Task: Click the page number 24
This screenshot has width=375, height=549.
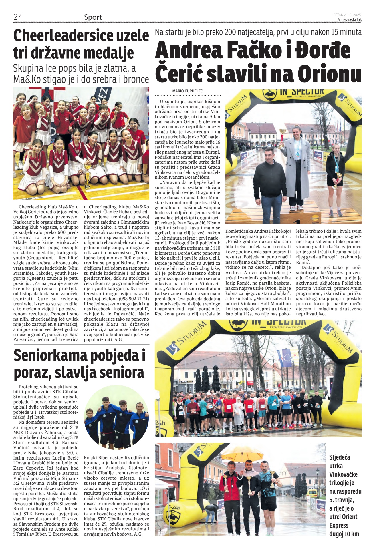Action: (x=18, y=17)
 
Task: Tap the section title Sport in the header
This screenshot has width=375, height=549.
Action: (x=93, y=17)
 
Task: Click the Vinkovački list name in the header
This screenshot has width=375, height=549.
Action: (x=350, y=19)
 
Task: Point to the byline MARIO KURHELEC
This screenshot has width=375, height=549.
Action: (x=187, y=91)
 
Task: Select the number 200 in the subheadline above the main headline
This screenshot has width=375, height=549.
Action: (x=230, y=32)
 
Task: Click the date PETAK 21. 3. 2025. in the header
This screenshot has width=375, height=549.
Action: (x=347, y=15)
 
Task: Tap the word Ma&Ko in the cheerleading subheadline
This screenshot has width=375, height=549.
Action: (x=27, y=79)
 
